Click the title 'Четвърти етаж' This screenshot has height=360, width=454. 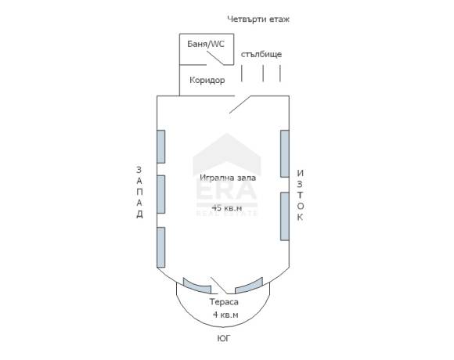coord(258,20)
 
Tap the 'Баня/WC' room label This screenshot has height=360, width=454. coord(206,44)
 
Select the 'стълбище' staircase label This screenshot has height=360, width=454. coord(261,54)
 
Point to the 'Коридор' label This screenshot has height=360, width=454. coord(207,80)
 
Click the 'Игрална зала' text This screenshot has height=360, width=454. coord(228,178)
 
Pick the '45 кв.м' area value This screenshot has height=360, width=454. coord(227,207)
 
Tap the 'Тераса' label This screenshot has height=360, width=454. coord(224,302)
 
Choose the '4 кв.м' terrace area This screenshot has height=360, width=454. coord(225,315)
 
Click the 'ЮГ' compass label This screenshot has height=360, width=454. coord(224,338)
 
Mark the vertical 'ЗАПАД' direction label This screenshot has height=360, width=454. coord(139,193)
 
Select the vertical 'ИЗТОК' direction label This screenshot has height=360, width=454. coord(301,196)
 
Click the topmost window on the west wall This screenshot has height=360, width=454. coord(161,146)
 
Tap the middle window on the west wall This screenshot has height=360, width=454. coord(161,194)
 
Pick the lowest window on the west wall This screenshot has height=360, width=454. coord(161,247)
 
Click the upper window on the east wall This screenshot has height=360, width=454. coord(285,153)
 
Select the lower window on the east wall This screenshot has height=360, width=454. coord(285,217)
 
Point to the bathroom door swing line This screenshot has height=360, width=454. coord(214,58)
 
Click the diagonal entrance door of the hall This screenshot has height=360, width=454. coord(240,104)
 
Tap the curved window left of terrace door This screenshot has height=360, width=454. coord(197,286)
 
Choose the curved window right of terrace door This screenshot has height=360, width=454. coord(249,286)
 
